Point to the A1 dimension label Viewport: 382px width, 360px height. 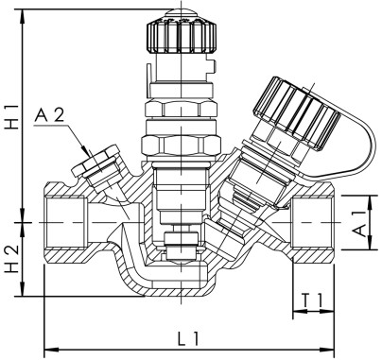tap(361, 223)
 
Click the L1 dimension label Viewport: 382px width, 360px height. tap(187, 336)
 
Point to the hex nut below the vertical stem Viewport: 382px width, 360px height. tap(172, 145)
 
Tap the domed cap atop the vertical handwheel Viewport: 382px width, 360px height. tap(174, 12)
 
